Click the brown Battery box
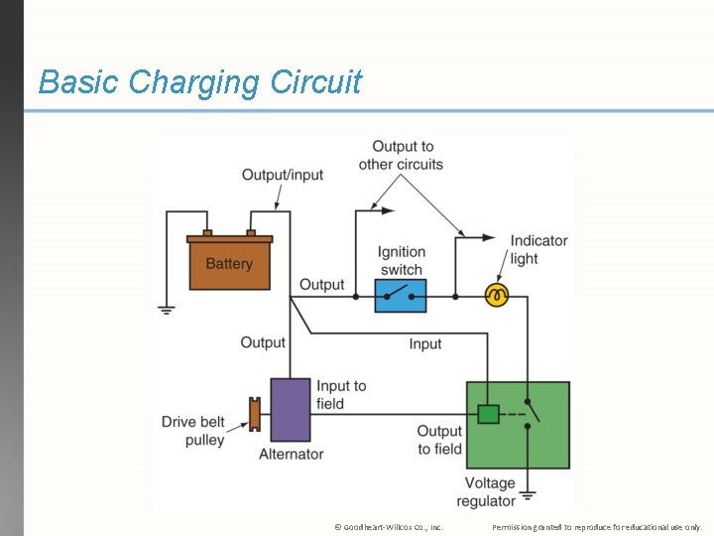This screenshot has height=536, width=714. [x=229, y=263]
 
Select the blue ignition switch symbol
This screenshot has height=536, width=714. [x=401, y=296]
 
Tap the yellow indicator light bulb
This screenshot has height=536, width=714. [x=496, y=295]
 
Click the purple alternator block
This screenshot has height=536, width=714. [x=291, y=409]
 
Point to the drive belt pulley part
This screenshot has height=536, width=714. [x=255, y=414]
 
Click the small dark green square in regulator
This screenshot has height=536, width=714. [x=488, y=414]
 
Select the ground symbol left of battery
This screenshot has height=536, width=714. [x=167, y=310]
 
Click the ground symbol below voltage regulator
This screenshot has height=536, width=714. [x=529, y=494]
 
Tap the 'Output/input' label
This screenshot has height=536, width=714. [x=283, y=175]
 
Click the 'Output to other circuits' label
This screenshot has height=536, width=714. [x=402, y=156]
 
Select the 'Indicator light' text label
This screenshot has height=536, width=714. [x=538, y=249]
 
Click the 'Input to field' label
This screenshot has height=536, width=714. [x=341, y=395]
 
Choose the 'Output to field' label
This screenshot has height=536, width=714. [x=439, y=440]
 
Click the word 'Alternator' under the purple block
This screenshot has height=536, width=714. [x=291, y=454]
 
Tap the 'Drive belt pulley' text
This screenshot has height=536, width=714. [x=193, y=431]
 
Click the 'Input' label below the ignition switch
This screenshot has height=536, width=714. [x=425, y=343]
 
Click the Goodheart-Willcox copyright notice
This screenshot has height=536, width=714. [x=389, y=526]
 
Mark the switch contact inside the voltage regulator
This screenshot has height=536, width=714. [x=529, y=414]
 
